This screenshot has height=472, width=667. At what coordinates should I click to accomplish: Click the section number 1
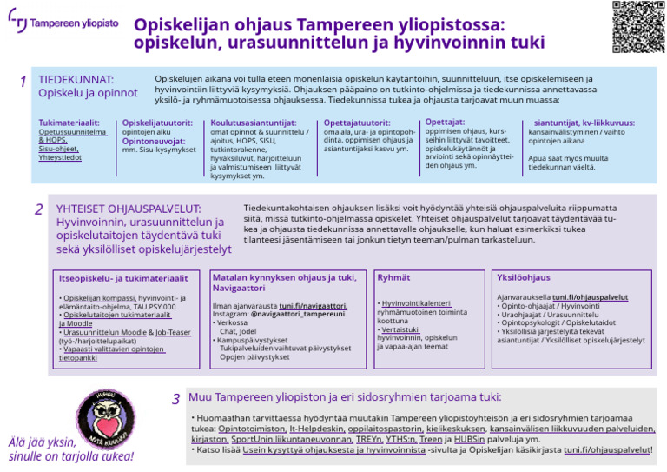[23, 82]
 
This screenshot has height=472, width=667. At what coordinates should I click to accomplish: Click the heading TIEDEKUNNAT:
[76, 80]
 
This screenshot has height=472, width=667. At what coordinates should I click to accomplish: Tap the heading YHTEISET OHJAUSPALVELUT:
[128, 209]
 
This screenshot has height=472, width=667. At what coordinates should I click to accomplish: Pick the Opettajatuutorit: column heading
[357, 123]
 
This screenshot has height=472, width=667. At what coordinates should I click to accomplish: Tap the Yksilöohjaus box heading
[523, 277]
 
